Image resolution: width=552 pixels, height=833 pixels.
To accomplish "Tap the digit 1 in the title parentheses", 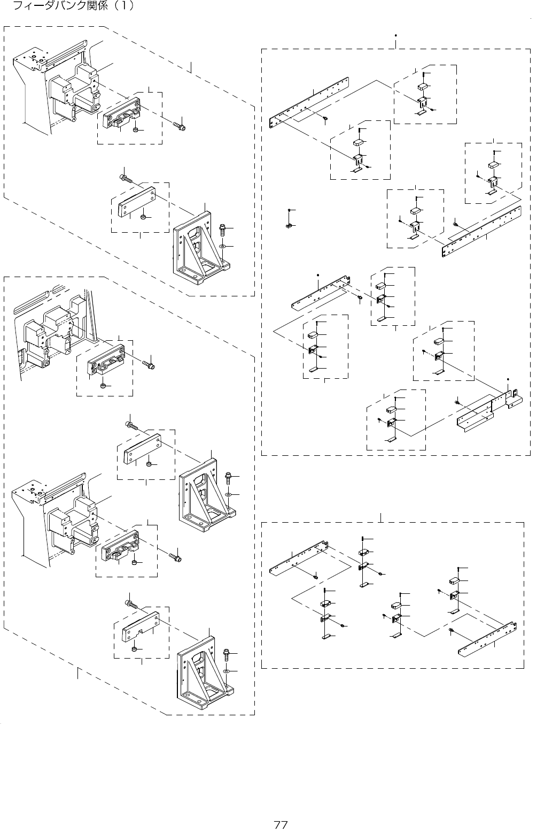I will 123,6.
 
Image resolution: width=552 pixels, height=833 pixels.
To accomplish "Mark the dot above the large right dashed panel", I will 395,36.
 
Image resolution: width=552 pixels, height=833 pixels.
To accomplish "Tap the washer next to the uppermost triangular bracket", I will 223,246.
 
